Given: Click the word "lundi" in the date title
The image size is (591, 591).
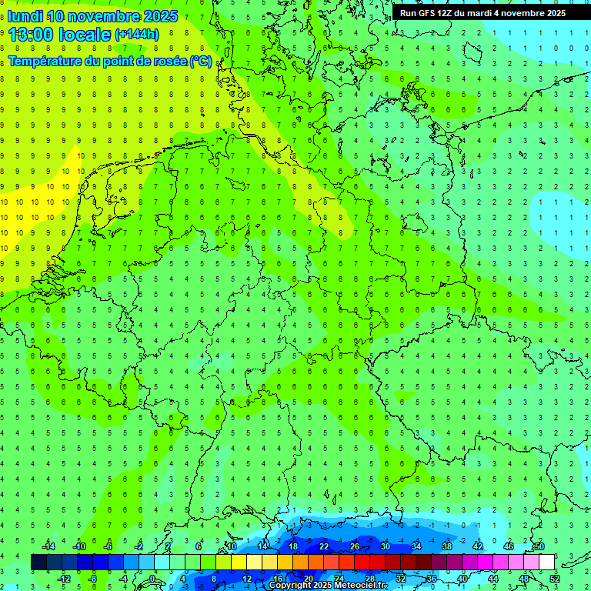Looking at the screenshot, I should click(25, 16).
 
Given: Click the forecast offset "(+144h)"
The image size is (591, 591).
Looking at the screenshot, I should click(136, 34).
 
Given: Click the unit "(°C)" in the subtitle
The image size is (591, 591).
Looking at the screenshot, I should click(201, 62).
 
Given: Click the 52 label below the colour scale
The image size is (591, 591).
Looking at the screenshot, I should click(555, 579).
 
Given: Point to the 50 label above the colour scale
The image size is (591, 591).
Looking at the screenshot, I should click(539, 546).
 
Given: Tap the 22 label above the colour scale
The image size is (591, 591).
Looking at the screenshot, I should click(324, 546).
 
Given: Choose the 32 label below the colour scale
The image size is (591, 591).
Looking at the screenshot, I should click(401, 579).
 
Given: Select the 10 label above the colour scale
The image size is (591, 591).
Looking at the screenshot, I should click(232, 546).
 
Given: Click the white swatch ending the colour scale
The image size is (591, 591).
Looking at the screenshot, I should click(546, 563).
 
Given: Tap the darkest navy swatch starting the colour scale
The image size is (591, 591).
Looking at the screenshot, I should click(38, 563).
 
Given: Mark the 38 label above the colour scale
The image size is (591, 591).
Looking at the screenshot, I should click(447, 546).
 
